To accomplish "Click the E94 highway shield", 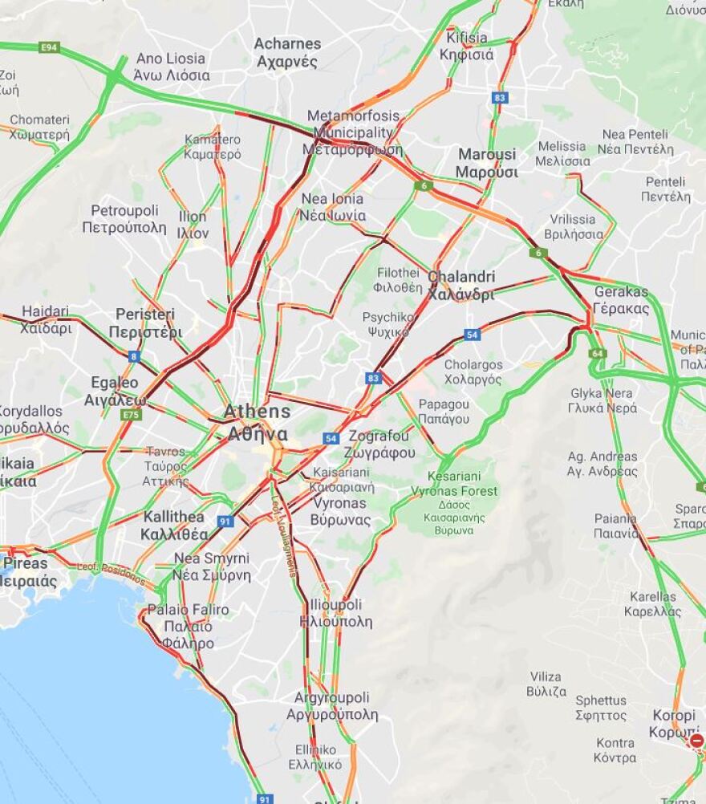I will [x=50, y=48].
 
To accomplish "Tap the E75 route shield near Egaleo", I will [x=131, y=414].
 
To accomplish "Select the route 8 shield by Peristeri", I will [x=133, y=356].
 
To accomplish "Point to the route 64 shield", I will [x=597, y=353].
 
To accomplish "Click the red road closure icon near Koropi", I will [x=696, y=741].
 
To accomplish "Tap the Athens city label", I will [x=257, y=423].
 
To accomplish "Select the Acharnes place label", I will [x=287, y=52].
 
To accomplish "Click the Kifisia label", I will [x=466, y=46].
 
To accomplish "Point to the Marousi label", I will [x=487, y=163].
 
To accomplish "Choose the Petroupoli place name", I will [x=124, y=219].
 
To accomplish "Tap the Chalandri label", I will [x=461, y=286].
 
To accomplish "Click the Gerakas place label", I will [x=621, y=300].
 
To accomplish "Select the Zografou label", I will [x=382, y=445].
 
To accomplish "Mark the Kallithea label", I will [x=174, y=526].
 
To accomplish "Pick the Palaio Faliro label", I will [x=187, y=626].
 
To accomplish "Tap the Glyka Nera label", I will [x=602, y=400].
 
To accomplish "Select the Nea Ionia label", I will [x=333, y=207].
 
